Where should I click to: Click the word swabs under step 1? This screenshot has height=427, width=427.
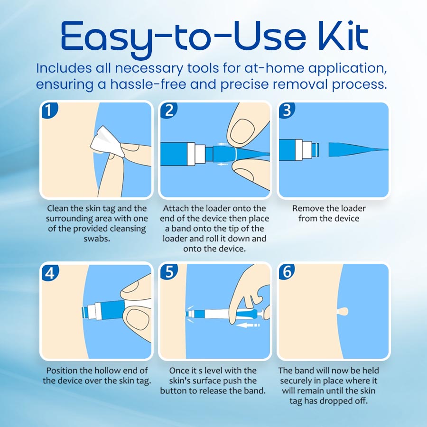96,238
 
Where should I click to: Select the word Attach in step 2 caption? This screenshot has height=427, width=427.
176,208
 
